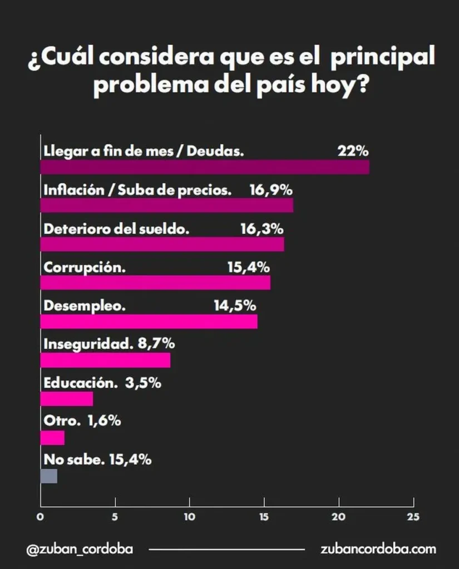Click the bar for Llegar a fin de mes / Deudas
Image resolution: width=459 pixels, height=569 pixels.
tap(205, 167)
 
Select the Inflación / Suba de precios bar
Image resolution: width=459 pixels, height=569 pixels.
tap(167, 206)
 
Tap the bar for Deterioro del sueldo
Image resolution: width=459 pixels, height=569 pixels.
tap(162, 244)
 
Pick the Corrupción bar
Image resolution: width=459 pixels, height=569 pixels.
tap(156, 283)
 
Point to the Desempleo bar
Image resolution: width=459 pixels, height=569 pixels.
tap(149, 322)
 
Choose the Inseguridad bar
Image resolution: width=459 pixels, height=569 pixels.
tap(106, 360)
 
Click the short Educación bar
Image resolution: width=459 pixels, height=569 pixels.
tap(67, 399)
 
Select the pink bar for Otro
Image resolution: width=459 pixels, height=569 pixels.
tap(53, 438)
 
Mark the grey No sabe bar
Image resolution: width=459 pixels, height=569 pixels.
tap(49, 476)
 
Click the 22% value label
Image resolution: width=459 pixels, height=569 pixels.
tap(353, 151)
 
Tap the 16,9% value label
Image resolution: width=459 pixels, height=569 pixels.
tap(271, 190)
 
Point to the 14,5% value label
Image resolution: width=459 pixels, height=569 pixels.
tap(234, 306)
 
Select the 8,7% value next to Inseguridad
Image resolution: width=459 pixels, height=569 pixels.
tap(156, 344)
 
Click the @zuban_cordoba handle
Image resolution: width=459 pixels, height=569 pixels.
tap(80, 549)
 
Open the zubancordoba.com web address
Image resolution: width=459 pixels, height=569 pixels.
tap(378, 549)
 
